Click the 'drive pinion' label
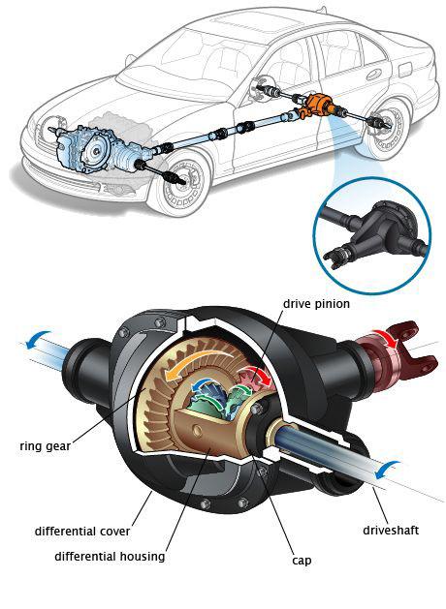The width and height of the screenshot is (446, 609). [x=316, y=304]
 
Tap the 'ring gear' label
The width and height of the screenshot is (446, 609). [x=46, y=446]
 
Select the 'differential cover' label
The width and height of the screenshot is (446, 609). [x=82, y=531]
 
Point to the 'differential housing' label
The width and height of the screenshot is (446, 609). [x=110, y=557]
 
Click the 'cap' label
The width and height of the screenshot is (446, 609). [x=302, y=562]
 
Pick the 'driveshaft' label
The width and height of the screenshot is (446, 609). [x=391, y=531]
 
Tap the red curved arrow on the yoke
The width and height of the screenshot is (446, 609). [x=387, y=337]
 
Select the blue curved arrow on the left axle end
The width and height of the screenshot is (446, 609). [x=37, y=338]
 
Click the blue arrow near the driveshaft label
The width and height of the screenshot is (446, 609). [x=386, y=469]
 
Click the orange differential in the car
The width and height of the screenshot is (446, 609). [x=317, y=106]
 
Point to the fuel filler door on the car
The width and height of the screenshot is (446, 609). [x=404, y=69]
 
